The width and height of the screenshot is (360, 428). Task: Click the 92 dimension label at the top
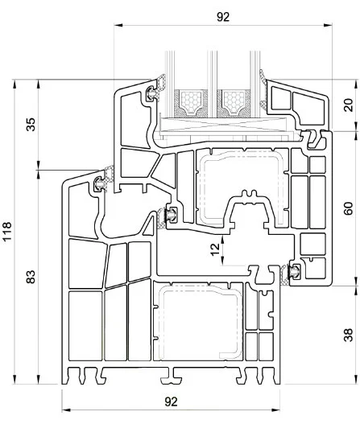[223, 17]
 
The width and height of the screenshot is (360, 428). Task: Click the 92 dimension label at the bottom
[171, 401]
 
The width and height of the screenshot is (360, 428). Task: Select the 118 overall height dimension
[7, 231]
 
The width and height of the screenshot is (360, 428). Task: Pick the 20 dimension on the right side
[349, 105]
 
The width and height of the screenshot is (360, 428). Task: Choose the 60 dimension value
[349, 208]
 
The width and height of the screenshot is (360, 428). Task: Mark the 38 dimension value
[349, 335]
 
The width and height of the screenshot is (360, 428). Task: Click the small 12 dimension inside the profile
[215, 249]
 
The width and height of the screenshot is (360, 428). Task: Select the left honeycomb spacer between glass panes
[191, 102]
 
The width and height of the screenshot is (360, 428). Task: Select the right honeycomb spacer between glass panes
[234, 102]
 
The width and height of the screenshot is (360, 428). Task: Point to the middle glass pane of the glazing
[212, 84]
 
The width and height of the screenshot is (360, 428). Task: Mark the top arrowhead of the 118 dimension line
[14, 84]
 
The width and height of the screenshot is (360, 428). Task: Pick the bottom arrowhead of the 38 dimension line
[356, 380]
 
